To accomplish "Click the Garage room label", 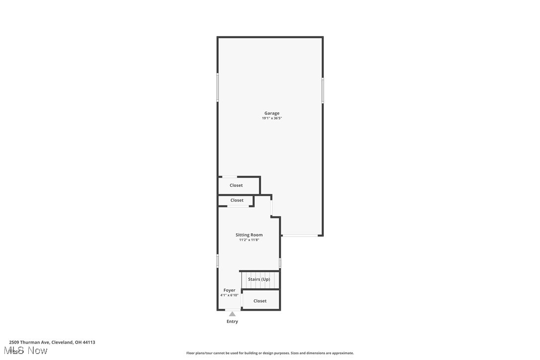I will (x=271, y=113).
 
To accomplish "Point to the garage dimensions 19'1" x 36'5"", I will (x=271, y=118).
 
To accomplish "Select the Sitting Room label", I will (x=249, y=235).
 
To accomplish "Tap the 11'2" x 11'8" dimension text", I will (x=249, y=240).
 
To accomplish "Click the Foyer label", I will (x=229, y=290).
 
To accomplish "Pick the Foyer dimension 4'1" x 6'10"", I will (x=229, y=295).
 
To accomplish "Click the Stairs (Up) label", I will (x=259, y=279).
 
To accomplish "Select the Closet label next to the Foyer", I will (x=260, y=301).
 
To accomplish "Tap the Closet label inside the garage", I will (x=236, y=185).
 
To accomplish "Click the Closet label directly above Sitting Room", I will (x=237, y=200).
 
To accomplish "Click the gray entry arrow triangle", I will (x=232, y=314).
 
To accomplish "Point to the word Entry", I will (x=232, y=322).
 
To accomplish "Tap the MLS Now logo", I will (x=28, y=351).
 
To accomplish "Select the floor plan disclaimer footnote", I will (x=270, y=353).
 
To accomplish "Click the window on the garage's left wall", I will (x=218, y=88).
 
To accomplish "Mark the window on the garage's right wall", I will (x=323, y=90).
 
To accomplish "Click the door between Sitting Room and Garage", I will (x=271, y=207).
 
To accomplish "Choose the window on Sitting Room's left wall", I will (x=218, y=261).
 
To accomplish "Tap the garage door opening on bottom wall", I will (x=300, y=235).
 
